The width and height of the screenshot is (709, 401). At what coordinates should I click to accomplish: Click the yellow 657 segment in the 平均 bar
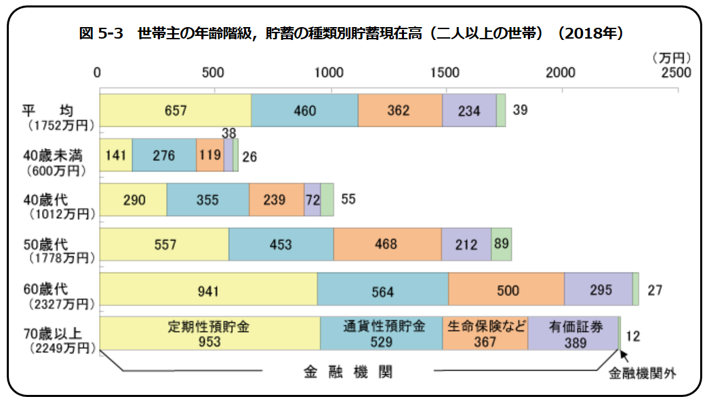pos(176,110)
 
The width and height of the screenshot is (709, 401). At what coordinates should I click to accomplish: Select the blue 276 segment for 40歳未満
pos(164,155)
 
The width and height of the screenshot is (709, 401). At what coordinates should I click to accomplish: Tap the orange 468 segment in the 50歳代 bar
pos(388,244)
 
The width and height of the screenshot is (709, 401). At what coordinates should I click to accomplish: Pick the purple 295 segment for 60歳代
pos(599,289)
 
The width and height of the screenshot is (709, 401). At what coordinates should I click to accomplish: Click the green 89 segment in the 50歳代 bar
pos(502,244)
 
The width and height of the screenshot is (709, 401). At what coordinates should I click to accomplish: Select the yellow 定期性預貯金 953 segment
pos(210,333)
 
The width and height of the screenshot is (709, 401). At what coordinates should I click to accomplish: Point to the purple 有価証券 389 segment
pos(573,333)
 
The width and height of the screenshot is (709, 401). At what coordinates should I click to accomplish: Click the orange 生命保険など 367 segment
pos(485,333)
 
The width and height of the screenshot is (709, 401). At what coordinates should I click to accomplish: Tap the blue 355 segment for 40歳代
pos(208,200)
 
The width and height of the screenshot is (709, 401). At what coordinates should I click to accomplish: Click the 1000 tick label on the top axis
pos(329,72)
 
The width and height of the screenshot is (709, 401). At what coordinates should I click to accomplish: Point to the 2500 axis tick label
pos(676,72)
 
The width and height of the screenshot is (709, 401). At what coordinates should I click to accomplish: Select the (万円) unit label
pos(672,58)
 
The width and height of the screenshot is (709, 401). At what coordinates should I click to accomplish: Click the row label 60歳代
pos(45,289)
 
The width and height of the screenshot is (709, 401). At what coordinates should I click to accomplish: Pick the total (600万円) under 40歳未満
pos(56,171)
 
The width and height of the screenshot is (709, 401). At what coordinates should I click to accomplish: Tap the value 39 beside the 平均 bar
pos(520,110)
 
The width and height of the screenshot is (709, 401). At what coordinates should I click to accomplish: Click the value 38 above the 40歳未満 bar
pos(229,133)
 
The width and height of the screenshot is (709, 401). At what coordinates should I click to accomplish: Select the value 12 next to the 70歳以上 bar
pos(633,336)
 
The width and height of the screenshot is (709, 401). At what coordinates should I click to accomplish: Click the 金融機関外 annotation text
pos(642,373)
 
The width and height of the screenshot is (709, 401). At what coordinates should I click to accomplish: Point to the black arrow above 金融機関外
pos(624,356)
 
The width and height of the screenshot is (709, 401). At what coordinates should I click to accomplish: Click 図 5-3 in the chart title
pos(101,33)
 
